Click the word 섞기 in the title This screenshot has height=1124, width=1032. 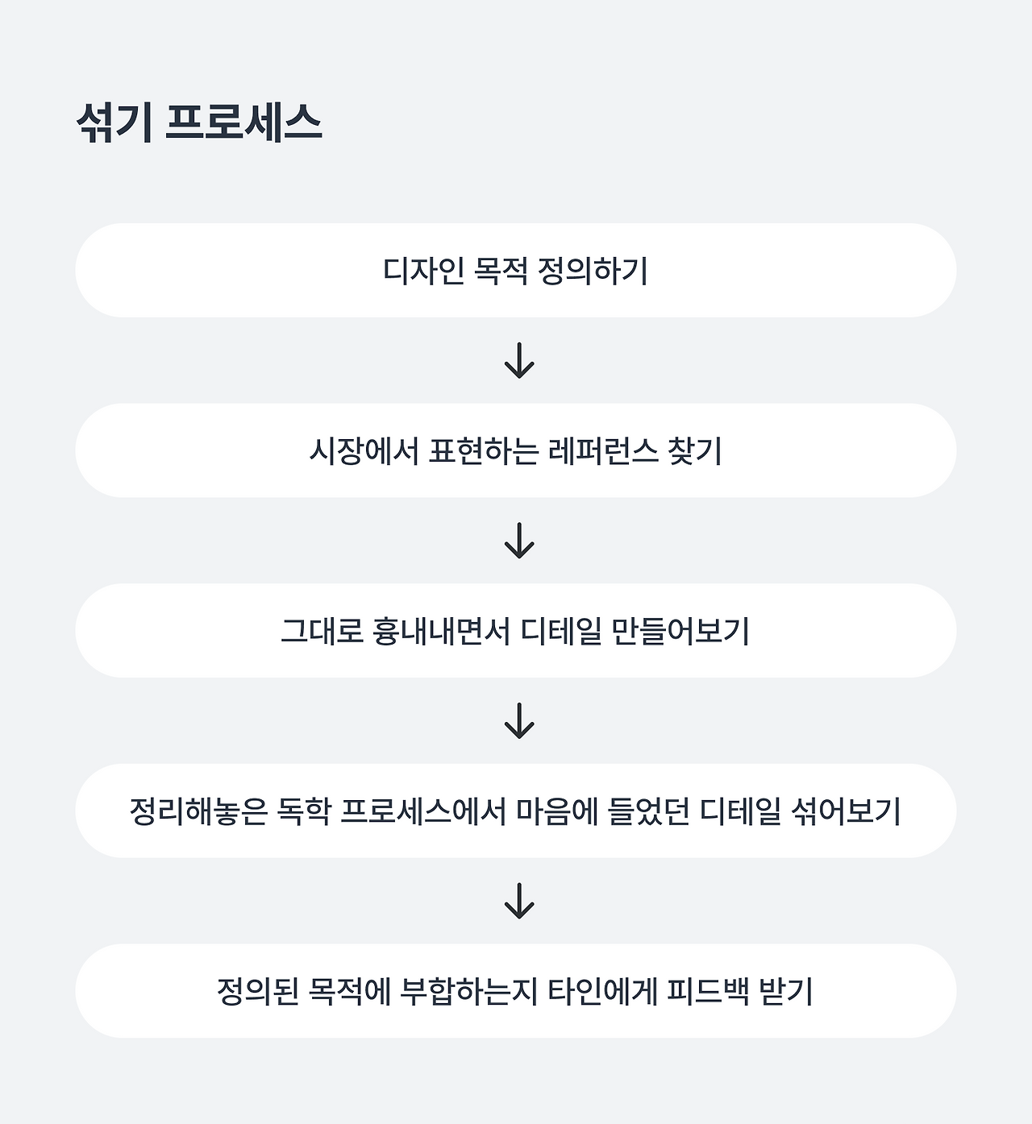coord(114,123)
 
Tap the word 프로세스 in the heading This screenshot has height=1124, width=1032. coord(243,123)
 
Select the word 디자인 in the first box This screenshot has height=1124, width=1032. coord(423,271)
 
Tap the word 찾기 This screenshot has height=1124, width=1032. coord(695,450)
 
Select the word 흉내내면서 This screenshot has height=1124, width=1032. coord(440,631)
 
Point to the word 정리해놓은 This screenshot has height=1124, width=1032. coord(198,811)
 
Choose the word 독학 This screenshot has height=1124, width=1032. coord(304,811)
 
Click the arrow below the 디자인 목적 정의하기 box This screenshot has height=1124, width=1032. coord(519,360)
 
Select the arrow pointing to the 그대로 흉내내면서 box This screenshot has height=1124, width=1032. coord(519,541)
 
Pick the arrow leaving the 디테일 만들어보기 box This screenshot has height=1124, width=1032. coord(519,721)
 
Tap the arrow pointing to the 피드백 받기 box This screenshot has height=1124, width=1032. coord(519,901)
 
